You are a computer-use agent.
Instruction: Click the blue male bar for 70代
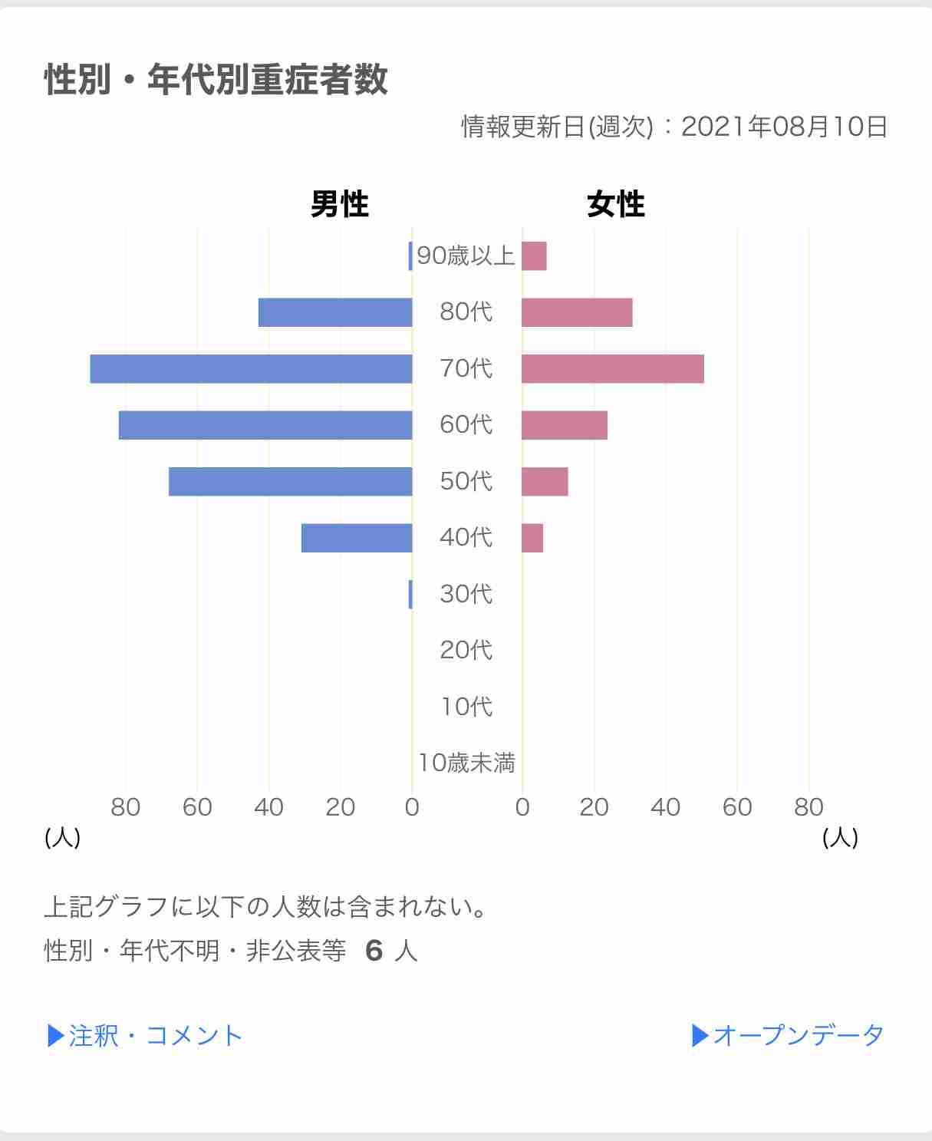click(251, 368)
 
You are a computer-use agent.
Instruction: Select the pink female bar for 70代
click(612, 368)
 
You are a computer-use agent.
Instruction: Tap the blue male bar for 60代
click(265, 425)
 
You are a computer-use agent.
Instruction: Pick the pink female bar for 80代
click(577, 312)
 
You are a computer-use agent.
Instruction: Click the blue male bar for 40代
click(357, 538)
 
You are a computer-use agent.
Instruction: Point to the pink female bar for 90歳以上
click(534, 256)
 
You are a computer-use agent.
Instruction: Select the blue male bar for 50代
click(290, 481)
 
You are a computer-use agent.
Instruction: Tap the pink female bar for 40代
click(532, 538)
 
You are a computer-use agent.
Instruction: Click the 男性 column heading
click(339, 205)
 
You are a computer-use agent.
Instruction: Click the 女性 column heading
click(616, 205)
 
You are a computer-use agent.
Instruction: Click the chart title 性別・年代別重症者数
click(216, 80)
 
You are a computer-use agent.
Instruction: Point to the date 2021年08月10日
click(784, 127)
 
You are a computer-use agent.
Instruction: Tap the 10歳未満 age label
click(466, 763)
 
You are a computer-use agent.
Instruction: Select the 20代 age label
click(466, 650)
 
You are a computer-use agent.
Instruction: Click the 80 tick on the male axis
click(126, 807)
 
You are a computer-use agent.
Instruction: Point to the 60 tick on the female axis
click(736, 807)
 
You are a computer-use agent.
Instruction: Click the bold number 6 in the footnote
click(374, 951)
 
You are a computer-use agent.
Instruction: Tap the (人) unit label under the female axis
click(840, 836)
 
